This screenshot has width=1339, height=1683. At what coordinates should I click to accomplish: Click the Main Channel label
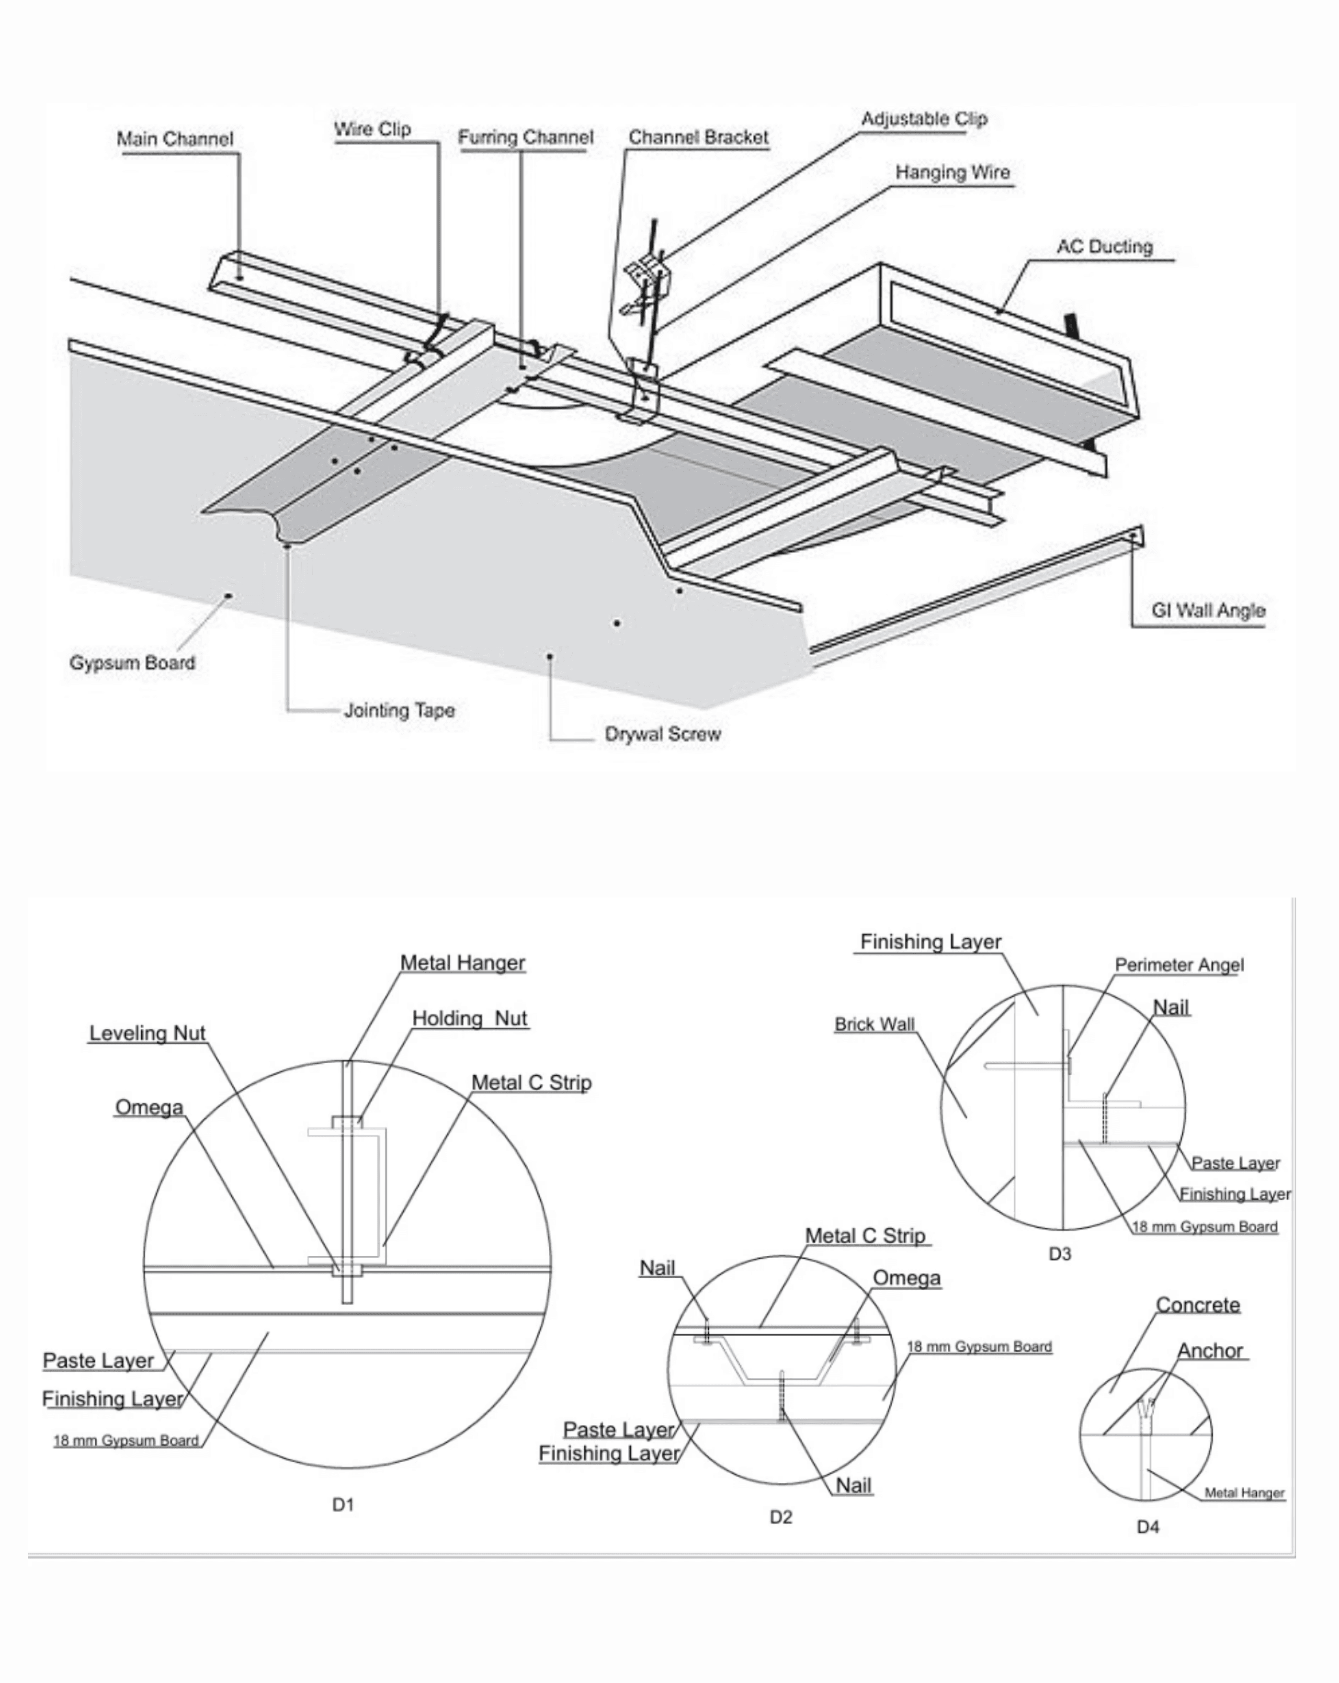175,140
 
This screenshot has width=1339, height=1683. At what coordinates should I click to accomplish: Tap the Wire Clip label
373,130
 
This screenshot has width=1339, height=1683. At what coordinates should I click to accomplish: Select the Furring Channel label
525,138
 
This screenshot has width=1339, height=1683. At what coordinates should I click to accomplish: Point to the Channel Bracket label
698,138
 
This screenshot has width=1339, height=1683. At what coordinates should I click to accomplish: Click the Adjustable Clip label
924,119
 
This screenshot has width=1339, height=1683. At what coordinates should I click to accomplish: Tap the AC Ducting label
1104,248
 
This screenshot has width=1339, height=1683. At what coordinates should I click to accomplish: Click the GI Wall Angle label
1208,611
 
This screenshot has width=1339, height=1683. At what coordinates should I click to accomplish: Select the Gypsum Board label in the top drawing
132,663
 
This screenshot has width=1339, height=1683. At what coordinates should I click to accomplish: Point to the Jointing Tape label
399,710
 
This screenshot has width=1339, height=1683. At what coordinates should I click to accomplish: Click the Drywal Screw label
662,735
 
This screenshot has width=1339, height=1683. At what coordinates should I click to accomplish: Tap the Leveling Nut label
147,1034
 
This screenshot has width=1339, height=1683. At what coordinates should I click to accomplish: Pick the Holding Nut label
469,1019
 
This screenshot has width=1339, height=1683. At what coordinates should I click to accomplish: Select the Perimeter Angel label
1179,966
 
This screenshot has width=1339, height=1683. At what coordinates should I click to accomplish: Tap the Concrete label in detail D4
1197,1305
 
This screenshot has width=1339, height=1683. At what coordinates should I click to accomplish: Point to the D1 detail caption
343,1505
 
